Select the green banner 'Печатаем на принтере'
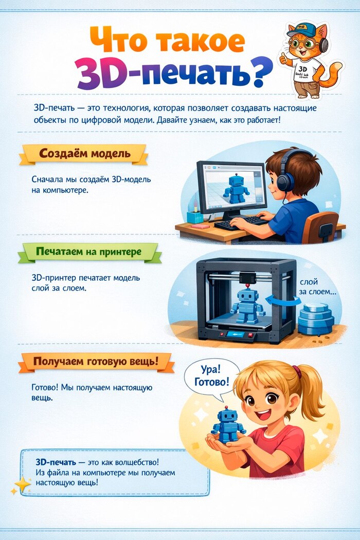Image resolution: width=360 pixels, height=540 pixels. click(88, 252)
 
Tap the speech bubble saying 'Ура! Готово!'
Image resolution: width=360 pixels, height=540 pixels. click(211, 376)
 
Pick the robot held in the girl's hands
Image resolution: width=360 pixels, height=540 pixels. click(228, 424)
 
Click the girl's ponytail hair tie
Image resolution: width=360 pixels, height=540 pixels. click(297, 372)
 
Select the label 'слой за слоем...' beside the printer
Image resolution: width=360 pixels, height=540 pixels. click(317, 287)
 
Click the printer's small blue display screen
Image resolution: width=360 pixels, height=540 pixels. click(236, 334)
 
